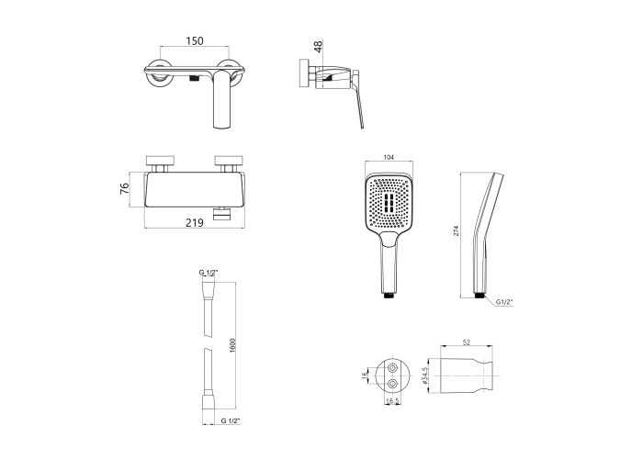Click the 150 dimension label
[195, 41]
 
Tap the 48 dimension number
[318, 46]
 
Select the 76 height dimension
[124, 188]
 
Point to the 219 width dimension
[195, 222]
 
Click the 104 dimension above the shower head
[389, 157]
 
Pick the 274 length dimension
[456, 230]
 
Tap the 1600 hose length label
[232, 345]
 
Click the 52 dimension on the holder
[467, 342]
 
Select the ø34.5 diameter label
[424, 375]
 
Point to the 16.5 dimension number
[392, 401]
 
